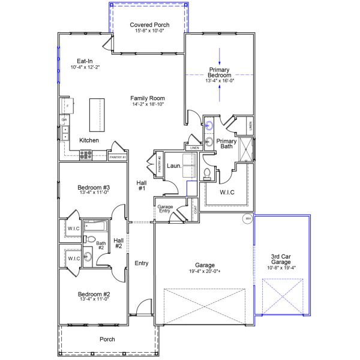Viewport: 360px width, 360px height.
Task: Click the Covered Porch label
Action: coord(150,25)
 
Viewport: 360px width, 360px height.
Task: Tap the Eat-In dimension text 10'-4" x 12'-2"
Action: coord(85,68)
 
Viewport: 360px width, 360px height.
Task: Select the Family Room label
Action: coord(148,98)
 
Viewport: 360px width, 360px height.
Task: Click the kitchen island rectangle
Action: coord(97,115)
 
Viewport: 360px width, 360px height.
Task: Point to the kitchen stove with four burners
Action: coord(86,154)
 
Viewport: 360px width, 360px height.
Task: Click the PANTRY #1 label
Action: coord(117,157)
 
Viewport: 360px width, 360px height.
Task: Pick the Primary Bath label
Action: coord(228,145)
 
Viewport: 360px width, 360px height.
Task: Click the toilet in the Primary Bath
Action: coord(207,174)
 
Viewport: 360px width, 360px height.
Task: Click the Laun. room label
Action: coord(174,166)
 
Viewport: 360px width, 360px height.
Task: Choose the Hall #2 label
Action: coord(118,243)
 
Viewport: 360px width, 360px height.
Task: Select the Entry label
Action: coord(142,263)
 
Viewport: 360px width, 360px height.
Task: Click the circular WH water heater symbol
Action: coord(247,219)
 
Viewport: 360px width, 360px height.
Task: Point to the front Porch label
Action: coord(107,340)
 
